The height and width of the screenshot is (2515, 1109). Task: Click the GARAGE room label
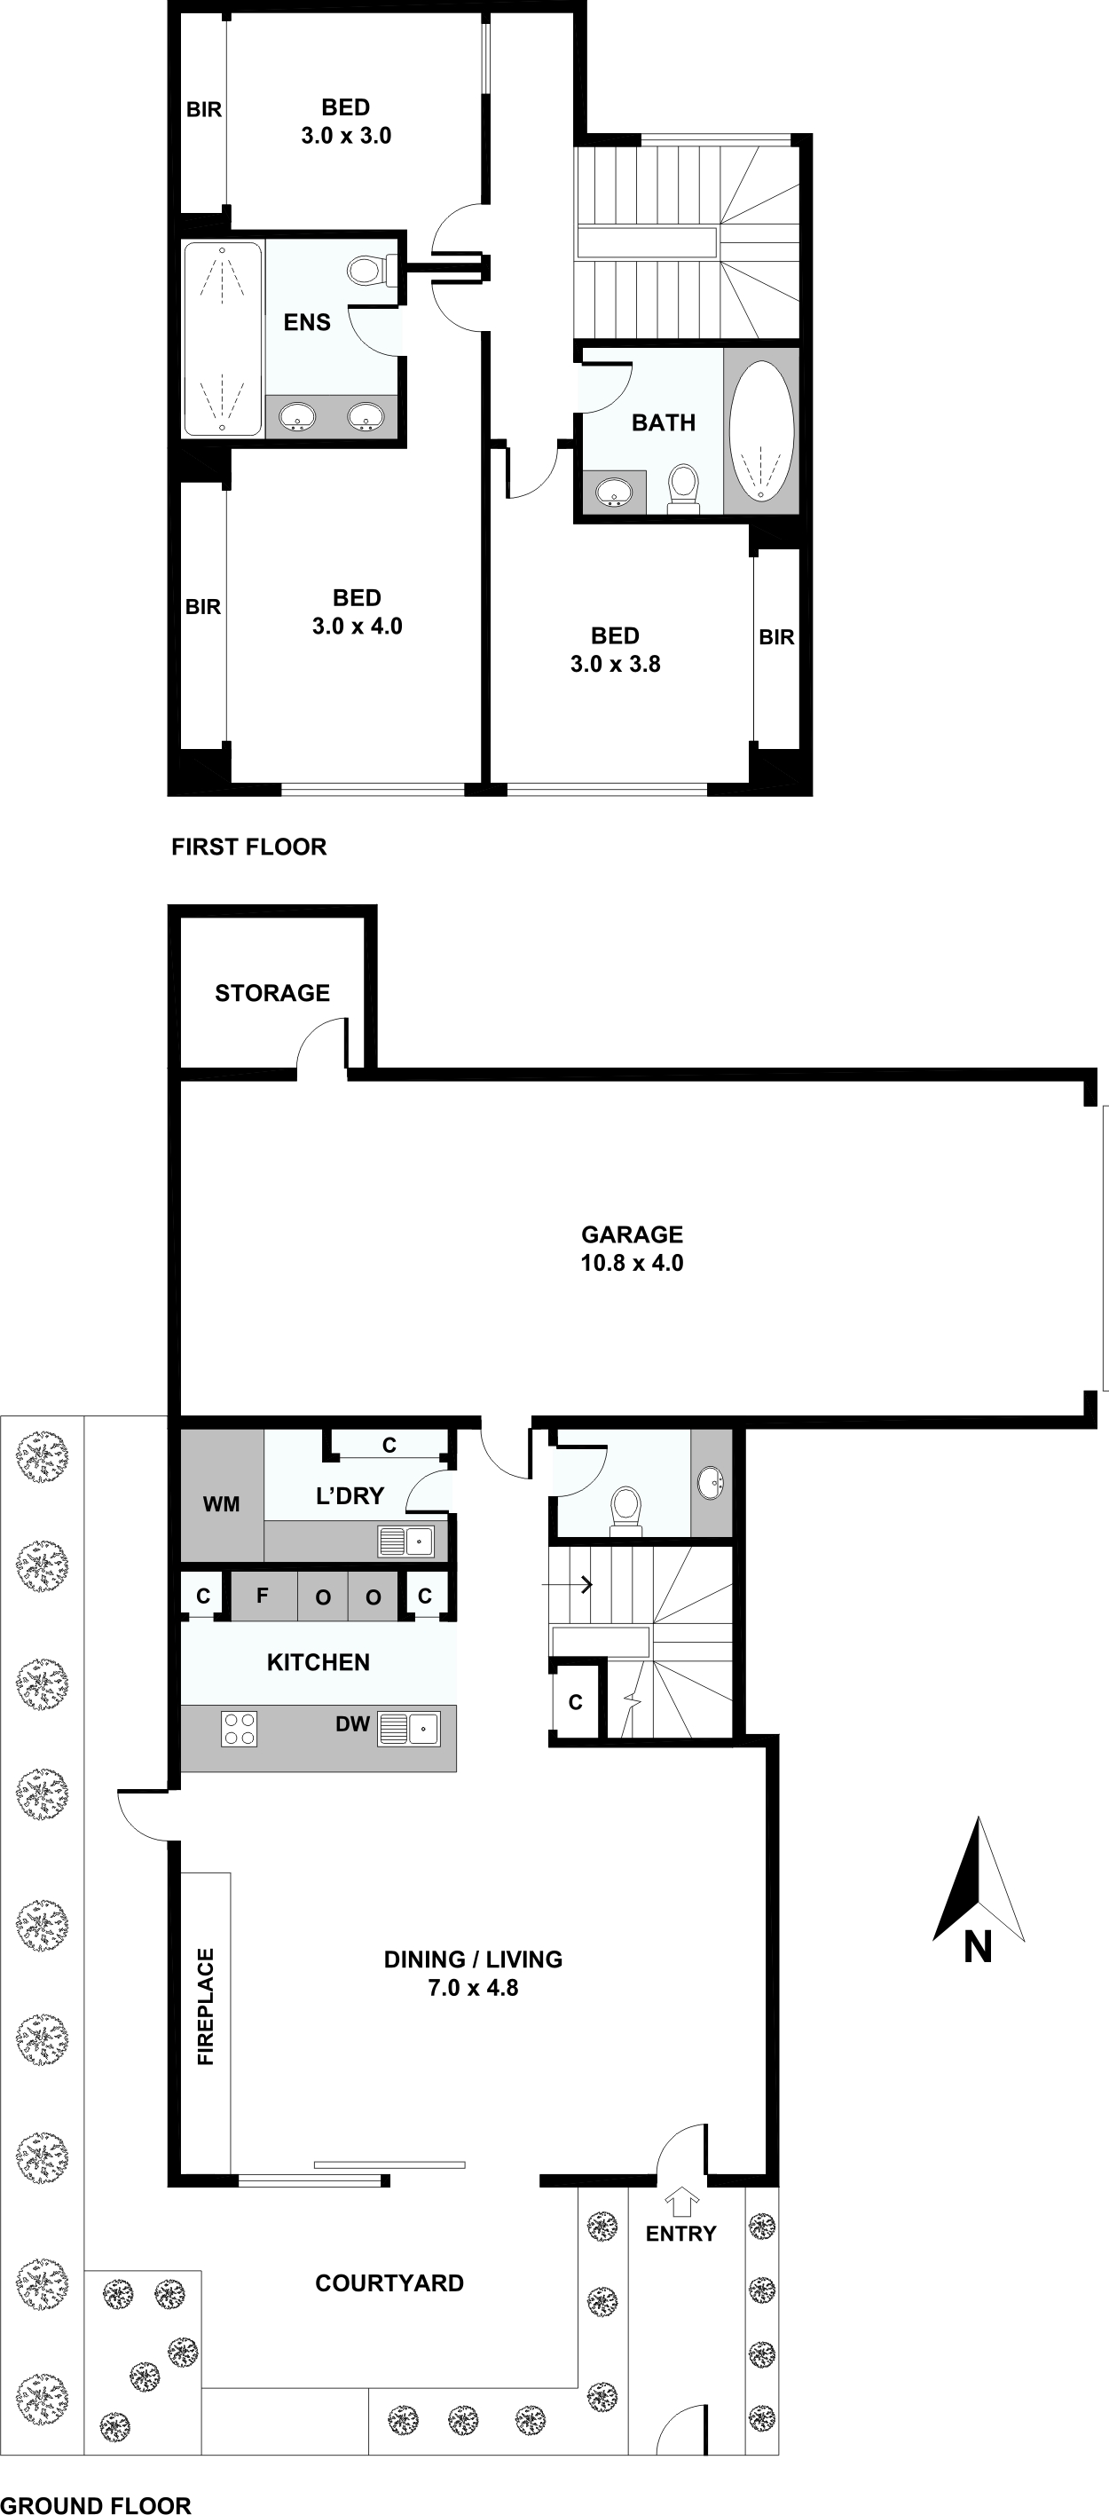pos(632,1234)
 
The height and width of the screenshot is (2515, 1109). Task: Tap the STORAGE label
pos(272,993)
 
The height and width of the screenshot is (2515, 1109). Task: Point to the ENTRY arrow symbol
pos(681,2202)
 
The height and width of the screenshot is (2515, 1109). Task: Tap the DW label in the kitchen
pos(352,1724)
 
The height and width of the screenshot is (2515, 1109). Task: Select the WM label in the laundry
pos(222,1504)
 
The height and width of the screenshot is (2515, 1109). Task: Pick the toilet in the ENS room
pos(369,270)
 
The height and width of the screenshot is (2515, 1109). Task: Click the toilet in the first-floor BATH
pos(683,486)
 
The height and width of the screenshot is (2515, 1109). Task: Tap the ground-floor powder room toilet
pos(625,1508)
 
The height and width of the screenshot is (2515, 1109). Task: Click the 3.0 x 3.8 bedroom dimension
pos(615,664)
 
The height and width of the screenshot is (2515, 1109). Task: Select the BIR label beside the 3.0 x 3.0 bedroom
pos(204,110)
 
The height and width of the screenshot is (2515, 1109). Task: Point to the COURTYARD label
pos(389,2282)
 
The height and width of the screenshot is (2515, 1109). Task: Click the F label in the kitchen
pos(262,1597)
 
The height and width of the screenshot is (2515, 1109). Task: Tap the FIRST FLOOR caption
pos(249,847)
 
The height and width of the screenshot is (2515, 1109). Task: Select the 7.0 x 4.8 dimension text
pos(473,1988)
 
